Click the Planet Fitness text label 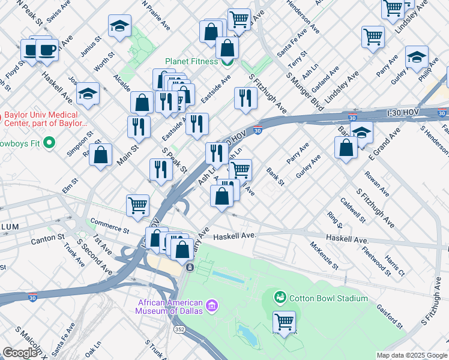coord(192,62)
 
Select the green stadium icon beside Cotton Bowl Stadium coord(279,298)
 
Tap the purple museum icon coord(211,307)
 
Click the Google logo coord(20,353)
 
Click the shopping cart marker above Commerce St coord(138,205)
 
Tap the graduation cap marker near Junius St coord(119,26)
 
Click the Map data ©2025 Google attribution coord(411,355)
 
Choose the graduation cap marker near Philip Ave coord(417,57)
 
